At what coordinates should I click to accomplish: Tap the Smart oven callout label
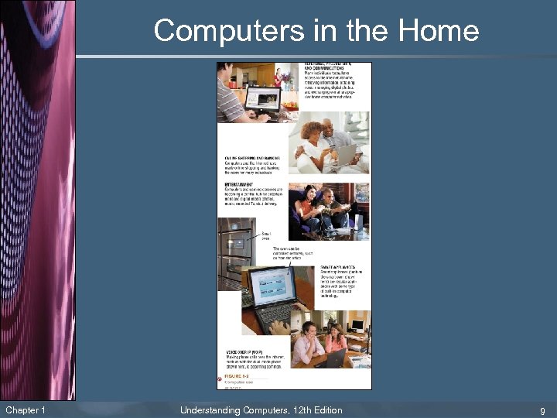(x=266, y=234)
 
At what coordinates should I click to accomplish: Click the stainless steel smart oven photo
(x=234, y=252)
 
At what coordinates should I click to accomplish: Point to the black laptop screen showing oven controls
(x=270, y=287)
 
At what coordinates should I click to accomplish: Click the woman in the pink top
(x=336, y=341)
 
